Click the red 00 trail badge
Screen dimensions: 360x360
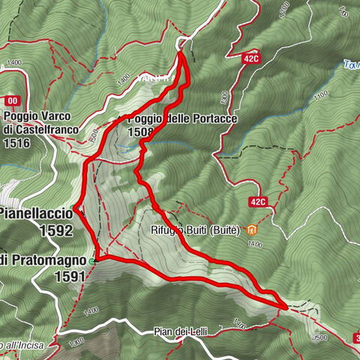click(x=10, y=100)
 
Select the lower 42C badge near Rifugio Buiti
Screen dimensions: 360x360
click(x=258, y=202)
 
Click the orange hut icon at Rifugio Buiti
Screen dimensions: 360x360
click(x=253, y=229)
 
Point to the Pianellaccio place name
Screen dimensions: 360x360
click(x=36, y=214)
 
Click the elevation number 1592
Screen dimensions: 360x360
click(x=58, y=230)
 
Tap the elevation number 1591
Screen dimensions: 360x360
click(x=70, y=275)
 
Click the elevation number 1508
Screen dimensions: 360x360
click(x=141, y=132)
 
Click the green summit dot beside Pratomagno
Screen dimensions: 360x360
click(x=92, y=261)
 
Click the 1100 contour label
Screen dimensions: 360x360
click(x=322, y=95)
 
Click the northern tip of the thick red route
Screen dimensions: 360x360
click(x=181, y=50)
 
